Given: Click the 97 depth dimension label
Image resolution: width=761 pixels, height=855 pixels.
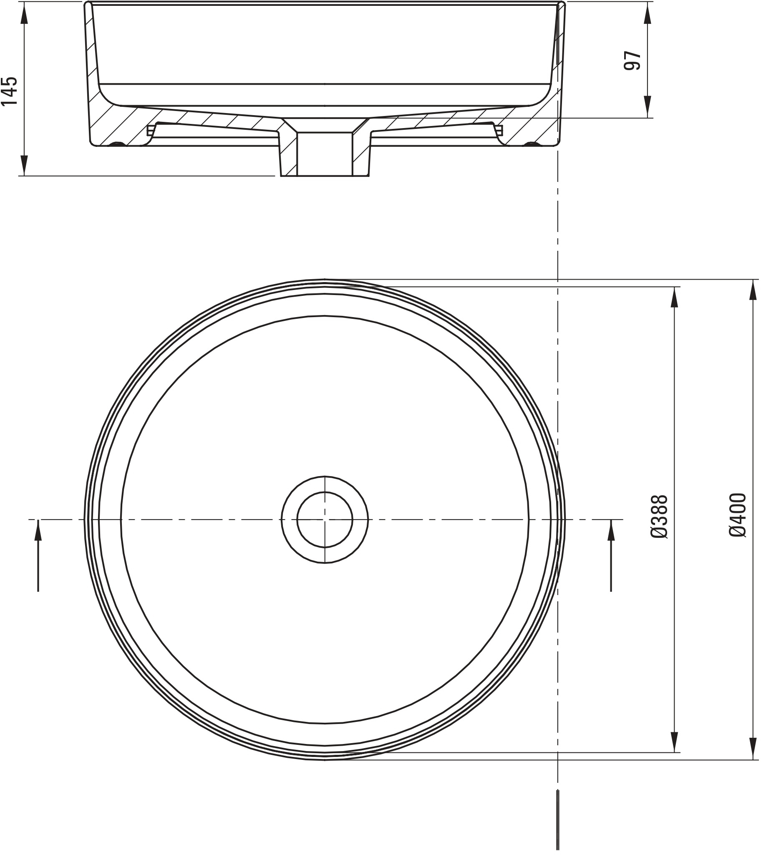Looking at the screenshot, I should tap(632, 61).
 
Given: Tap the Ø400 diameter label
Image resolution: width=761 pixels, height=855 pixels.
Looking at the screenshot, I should tap(738, 515).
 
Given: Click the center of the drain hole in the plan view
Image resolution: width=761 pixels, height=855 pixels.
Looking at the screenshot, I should tap(325, 520).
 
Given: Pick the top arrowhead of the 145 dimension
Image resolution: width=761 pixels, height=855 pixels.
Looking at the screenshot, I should tap(24, 15).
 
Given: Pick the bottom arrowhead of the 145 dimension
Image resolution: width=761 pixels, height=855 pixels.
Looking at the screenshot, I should tap(24, 164).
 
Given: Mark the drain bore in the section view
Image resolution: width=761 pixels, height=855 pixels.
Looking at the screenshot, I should tap(325, 155).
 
